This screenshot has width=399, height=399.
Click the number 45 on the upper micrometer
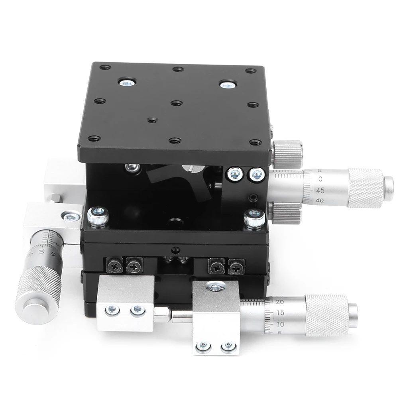coord(320,190)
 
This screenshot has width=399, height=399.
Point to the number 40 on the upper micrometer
coord(319,200)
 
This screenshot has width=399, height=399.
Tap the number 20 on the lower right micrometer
coord(279,302)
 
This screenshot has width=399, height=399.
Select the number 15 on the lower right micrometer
coord(279,313)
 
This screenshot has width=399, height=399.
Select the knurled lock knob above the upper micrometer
coord(287,153)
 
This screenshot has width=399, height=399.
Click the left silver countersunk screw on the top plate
coord(127,83)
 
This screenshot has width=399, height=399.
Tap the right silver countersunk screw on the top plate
coord(228,85)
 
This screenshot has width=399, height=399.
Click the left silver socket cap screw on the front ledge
coord(98,216)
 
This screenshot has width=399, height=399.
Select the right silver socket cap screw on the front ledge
coord(255,218)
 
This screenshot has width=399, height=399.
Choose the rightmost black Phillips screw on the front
coord(236,266)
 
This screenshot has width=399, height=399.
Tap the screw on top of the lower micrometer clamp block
coord(216,286)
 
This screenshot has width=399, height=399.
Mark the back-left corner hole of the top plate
coord(105,67)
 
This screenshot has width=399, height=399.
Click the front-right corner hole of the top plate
coord(256,142)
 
